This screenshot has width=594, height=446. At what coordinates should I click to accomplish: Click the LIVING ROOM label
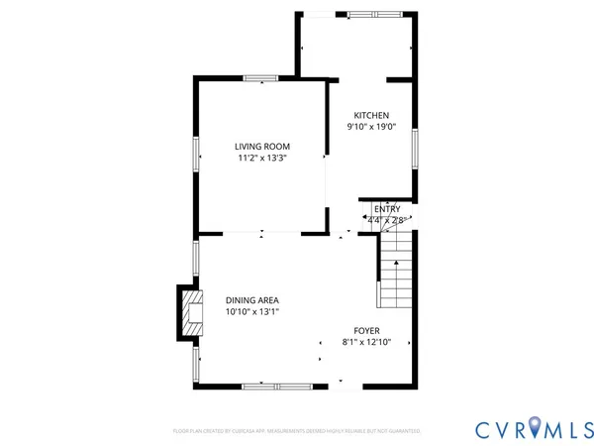click(262, 146)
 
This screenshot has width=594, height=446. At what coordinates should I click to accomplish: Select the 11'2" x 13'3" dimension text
click(262, 158)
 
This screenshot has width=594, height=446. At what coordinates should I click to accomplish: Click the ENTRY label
click(387, 209)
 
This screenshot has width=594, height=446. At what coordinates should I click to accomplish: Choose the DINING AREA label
click(251, 300)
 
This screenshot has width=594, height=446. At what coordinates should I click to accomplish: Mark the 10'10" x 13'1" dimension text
click(251, 312)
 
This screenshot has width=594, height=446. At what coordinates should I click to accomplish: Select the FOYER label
click(367, 331)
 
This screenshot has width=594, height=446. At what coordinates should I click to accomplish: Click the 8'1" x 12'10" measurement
click(367, 343)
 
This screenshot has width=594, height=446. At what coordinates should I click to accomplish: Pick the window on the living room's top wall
click(261, 78)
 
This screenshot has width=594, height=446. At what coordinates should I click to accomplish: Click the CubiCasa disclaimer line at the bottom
click(297, 432)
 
